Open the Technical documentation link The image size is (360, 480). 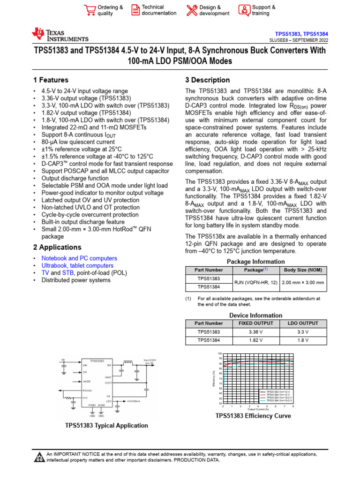[159, 10]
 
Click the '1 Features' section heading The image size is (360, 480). [51, 80]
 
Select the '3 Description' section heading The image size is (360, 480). [208, 80]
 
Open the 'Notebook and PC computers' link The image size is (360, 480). [79, 258]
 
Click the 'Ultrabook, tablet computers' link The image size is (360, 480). [77, 266]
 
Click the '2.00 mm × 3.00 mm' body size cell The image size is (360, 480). [302, 283]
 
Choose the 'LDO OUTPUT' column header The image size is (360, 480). [302, 323]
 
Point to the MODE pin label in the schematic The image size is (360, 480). [87, 382]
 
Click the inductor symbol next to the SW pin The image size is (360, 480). [127, 362]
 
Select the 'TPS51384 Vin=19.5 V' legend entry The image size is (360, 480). [279, 401]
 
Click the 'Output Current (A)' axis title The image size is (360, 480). [258, 409]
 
